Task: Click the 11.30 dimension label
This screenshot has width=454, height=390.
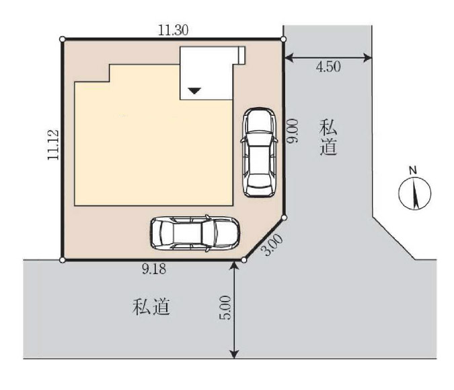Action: (173, 30)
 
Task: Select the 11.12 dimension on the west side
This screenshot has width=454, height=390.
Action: (53, 145)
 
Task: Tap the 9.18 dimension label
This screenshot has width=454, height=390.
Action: (154, 269)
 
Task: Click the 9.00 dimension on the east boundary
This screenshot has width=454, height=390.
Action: (291, 131)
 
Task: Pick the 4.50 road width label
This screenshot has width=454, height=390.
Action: (328, 67)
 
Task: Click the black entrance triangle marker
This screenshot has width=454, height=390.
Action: (194, 90)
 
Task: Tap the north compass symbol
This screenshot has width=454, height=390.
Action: (415, 193)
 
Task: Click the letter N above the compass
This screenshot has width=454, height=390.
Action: (412, 170)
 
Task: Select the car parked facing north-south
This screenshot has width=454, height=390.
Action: (259, 152)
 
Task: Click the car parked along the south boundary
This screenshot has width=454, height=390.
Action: (195, 234)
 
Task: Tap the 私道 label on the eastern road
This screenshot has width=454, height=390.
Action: (328, 137)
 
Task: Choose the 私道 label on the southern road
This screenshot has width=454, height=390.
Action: (151, 306)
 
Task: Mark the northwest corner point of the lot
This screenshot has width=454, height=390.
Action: (62, 39)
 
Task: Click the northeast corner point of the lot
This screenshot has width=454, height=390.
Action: (283, 39)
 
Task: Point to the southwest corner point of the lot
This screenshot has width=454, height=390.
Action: (62, 260)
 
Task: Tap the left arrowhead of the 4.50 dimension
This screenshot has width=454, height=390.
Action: (288, 58)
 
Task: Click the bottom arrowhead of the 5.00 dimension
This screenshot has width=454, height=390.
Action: (234, 354)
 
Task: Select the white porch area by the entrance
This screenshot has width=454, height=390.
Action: (206, 73)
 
